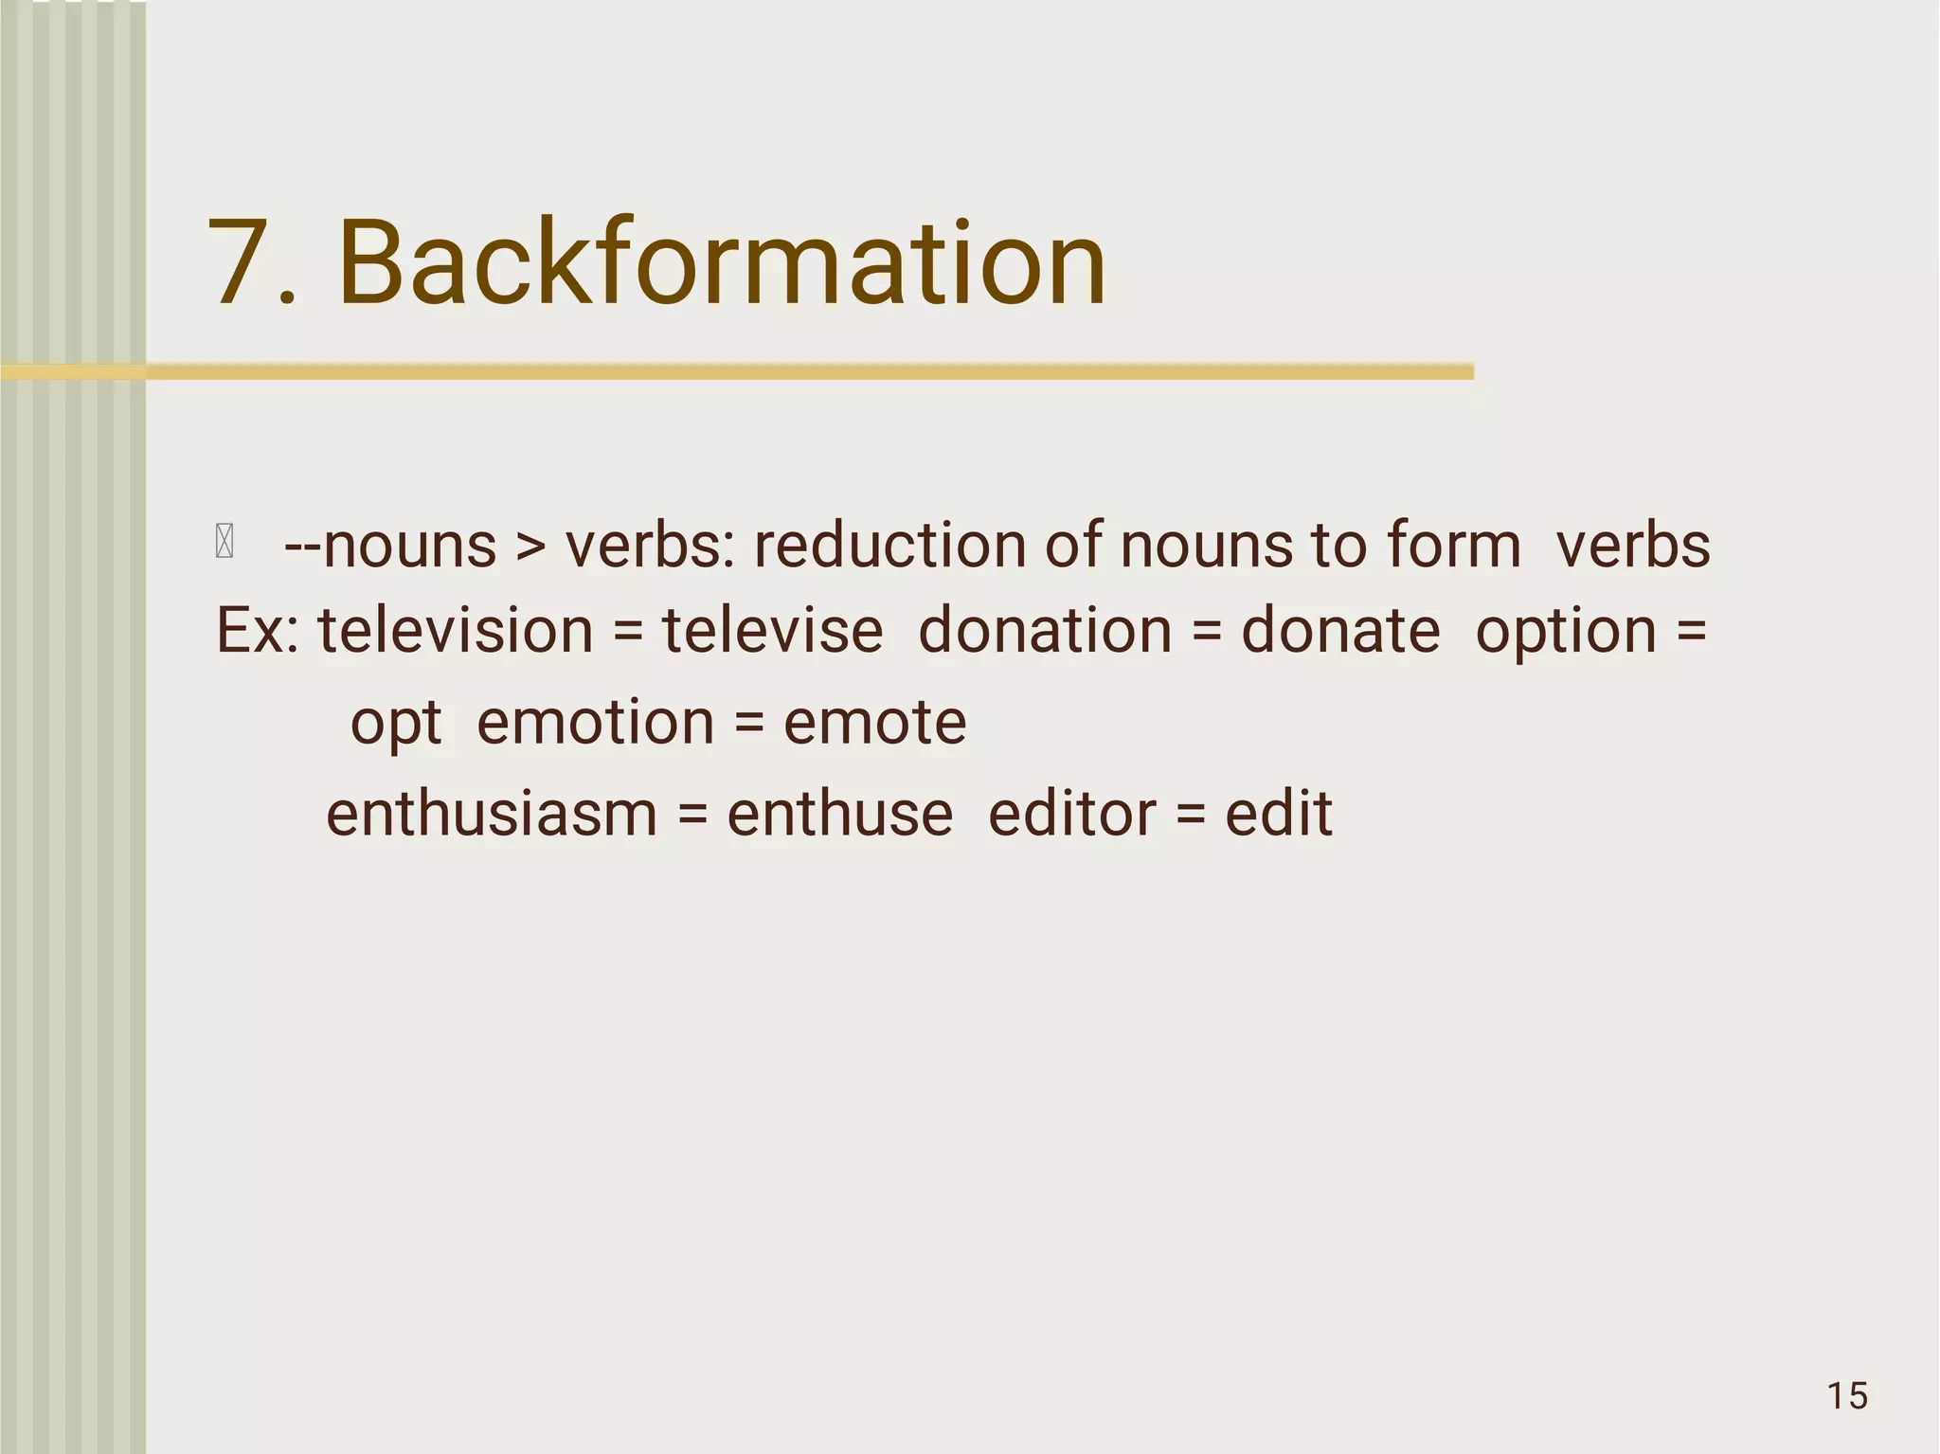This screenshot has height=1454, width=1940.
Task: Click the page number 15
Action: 1847,1396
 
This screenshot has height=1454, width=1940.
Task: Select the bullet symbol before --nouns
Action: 225,543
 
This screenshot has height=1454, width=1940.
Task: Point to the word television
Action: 455,631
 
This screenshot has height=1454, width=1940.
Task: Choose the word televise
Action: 772,631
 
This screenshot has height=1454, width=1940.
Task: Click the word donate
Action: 1340,631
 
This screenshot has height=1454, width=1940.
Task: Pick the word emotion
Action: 595,723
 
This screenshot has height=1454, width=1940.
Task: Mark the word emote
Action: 874,723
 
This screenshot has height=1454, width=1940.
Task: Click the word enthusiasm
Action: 491,815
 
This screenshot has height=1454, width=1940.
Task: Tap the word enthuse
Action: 839,815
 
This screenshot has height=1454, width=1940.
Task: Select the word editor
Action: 1071,815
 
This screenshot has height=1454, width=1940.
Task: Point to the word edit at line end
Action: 1279,815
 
